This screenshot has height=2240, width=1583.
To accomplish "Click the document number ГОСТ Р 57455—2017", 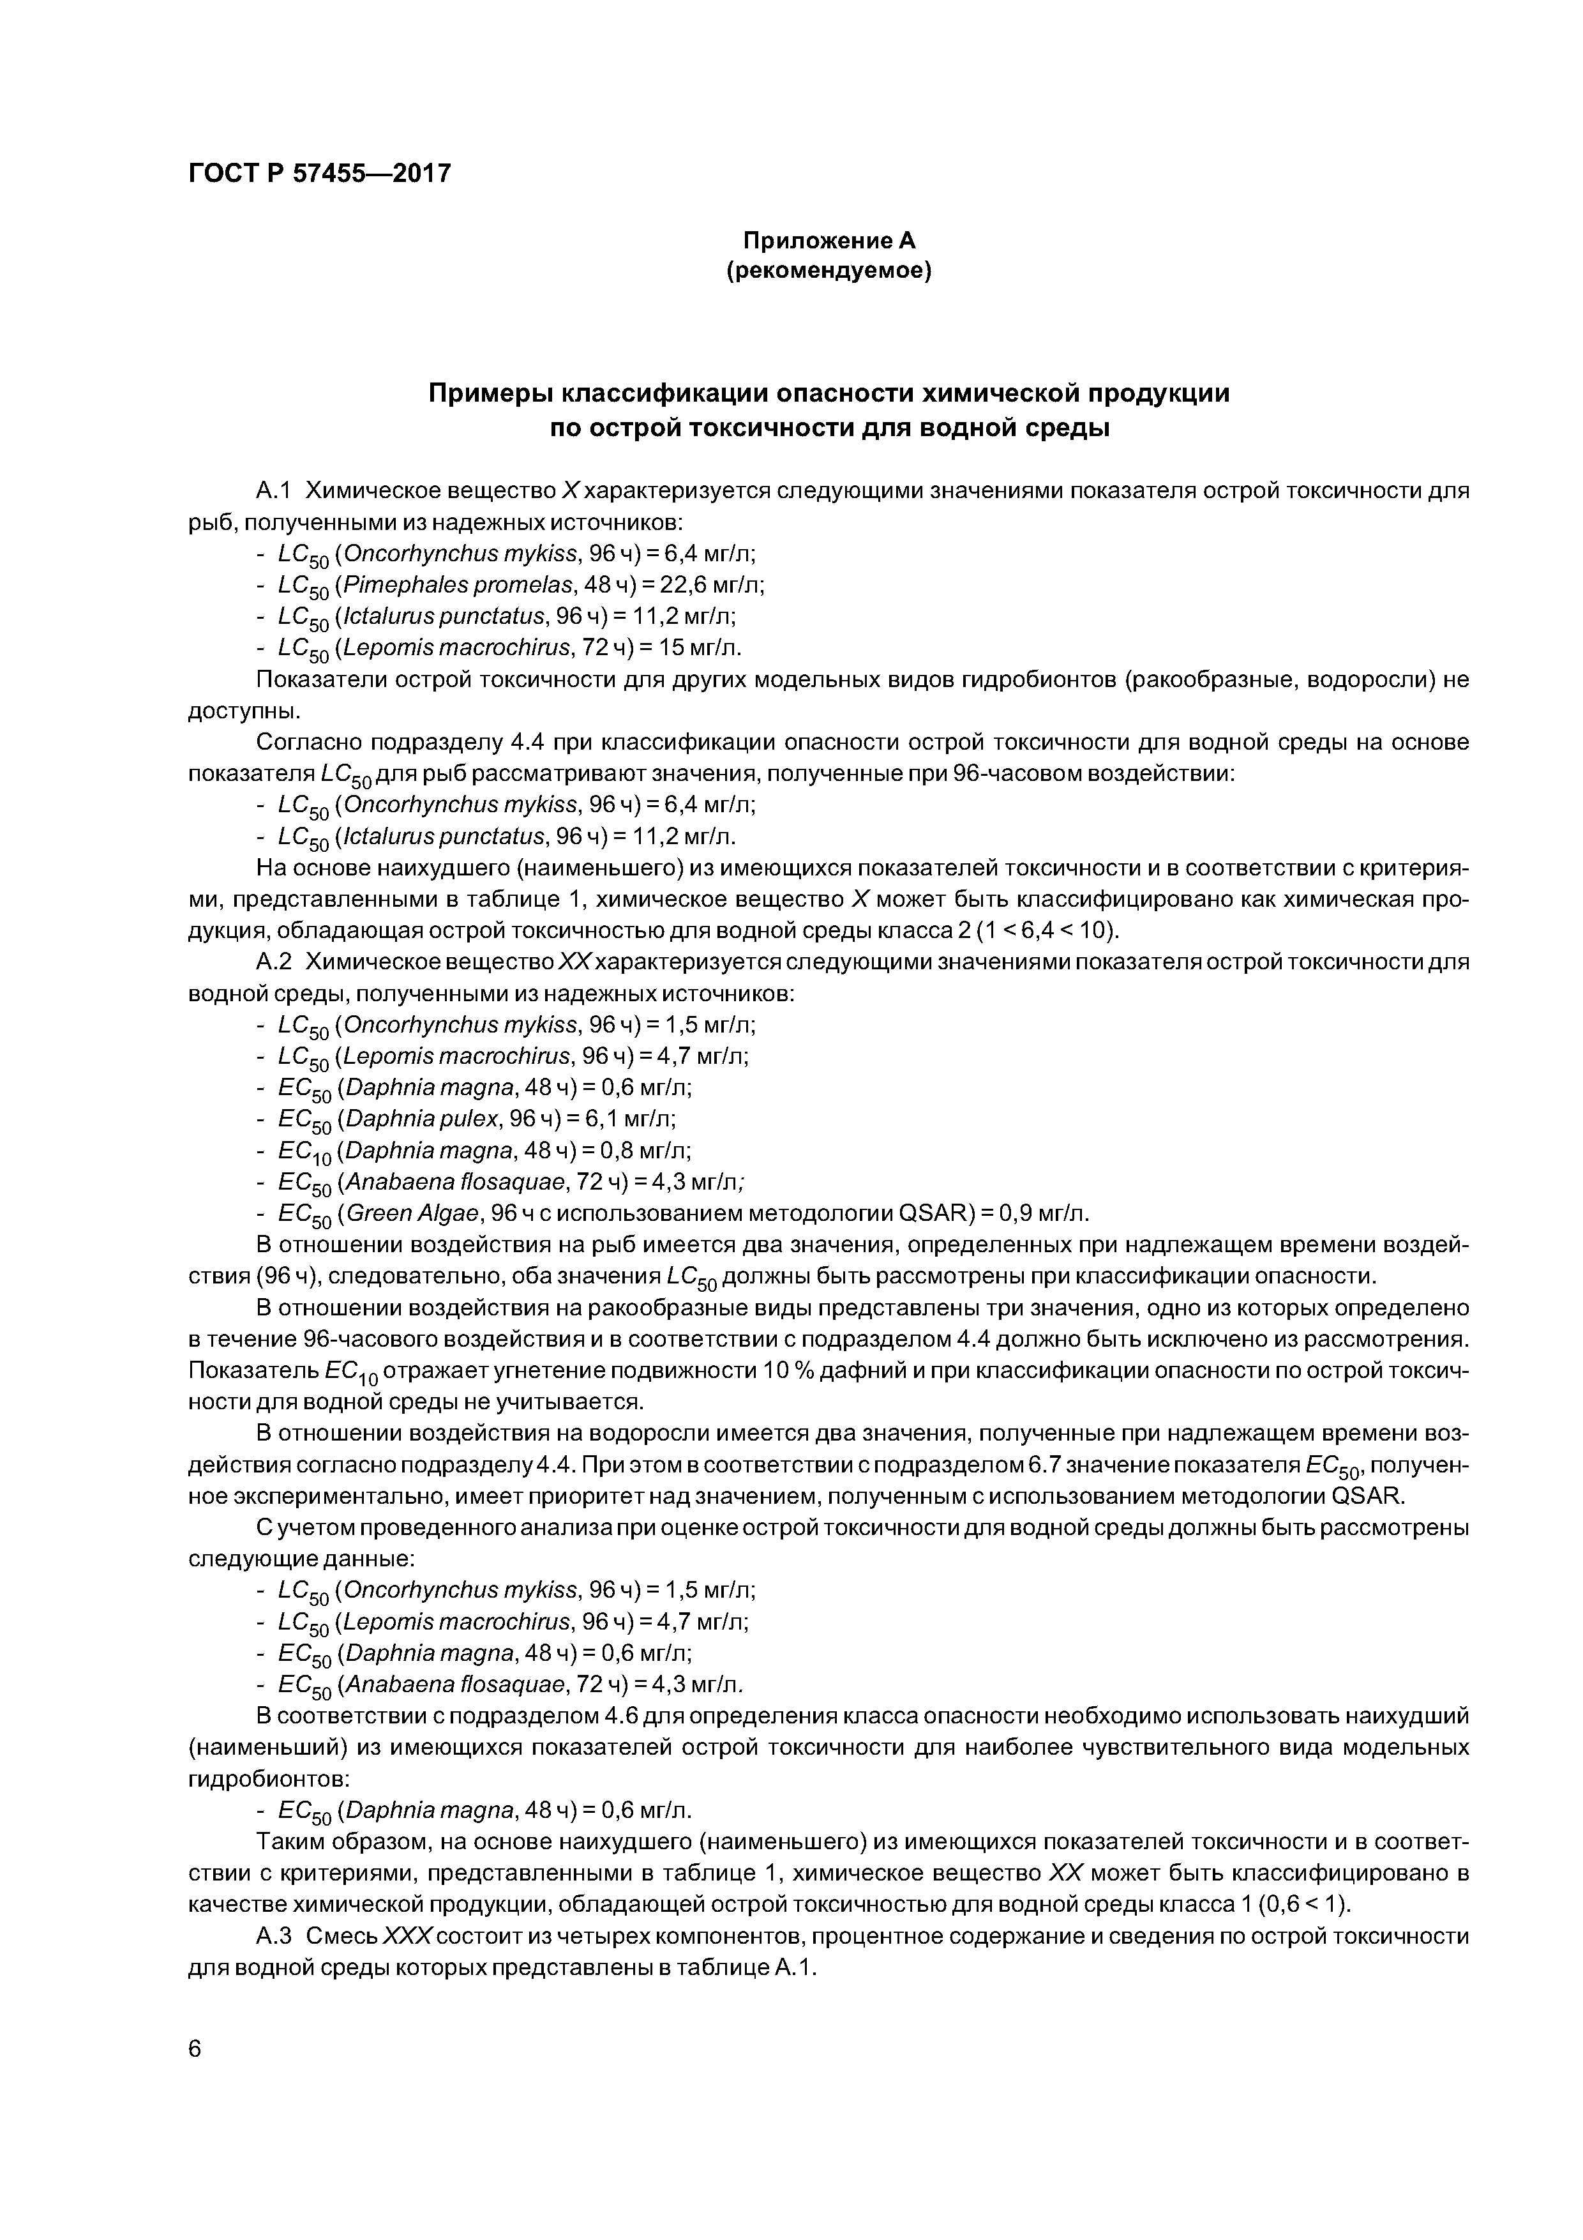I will [319, 174].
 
